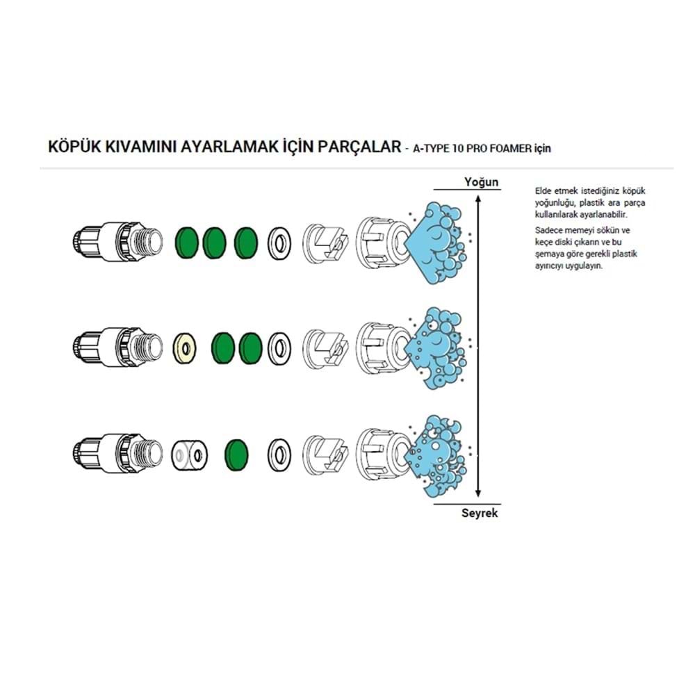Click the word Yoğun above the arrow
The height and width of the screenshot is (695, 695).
[x=482, y=181]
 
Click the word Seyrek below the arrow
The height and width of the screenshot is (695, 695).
[x=480, y=513]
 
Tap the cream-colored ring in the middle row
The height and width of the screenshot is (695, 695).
[x=186, y=348]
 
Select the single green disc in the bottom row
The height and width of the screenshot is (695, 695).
[x=237, y=455]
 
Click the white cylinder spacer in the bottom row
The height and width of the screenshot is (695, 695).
[x=189, y=455]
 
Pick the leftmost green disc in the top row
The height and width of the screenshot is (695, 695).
[x=187, y=243]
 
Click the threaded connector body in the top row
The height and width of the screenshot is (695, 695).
[x=117, y=241]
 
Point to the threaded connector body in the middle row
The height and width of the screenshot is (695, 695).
[x=117, y=347]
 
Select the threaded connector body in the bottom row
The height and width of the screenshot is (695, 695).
[x=117, y=453]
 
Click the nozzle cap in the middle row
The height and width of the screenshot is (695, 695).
[x=384, y=349]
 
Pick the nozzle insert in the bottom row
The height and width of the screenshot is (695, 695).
[x=326, y=455]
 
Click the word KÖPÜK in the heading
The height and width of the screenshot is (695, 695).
[x=74, y=146]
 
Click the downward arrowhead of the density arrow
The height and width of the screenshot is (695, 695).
[x=478, y=493]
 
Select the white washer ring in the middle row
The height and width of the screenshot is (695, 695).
[x=279, y=349]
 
